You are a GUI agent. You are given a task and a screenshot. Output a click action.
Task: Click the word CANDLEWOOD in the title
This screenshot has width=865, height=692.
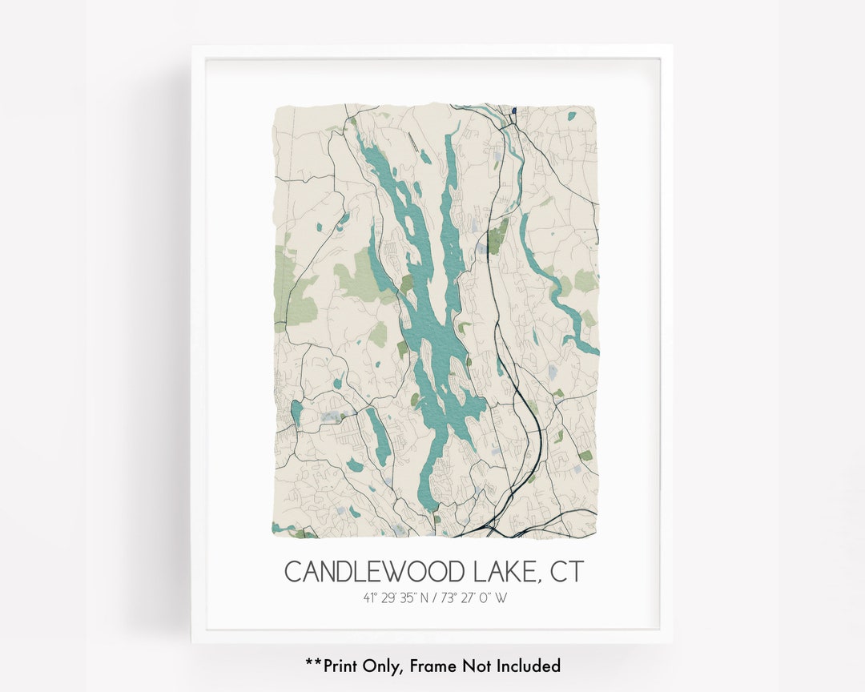[376, 572]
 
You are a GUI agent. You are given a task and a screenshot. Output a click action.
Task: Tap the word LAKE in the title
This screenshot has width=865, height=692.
[507, 572]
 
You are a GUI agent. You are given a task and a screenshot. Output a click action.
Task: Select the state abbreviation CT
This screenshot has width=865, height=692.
[567, 572]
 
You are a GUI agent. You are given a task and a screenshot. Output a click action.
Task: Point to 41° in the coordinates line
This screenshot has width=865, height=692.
[369, 597]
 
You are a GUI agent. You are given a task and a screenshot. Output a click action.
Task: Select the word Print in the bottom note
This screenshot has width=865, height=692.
[339, 665]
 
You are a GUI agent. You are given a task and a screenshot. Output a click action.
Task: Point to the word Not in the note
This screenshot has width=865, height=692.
[473, 665]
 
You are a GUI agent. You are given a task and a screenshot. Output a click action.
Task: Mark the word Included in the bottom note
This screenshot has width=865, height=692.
[527, 665]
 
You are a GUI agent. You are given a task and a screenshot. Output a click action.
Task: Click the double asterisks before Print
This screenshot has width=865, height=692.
[311, 663]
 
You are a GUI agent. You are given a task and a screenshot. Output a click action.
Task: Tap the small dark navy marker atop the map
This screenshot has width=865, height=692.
[513, 111]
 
